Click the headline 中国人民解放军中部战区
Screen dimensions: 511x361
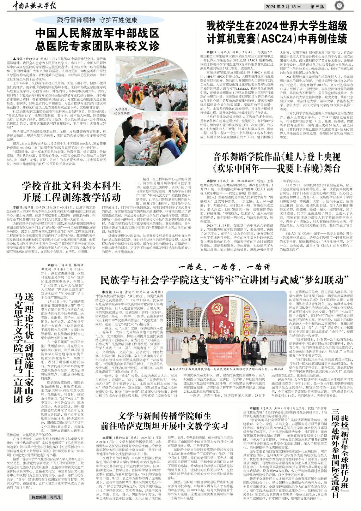[x=97, y=34]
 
